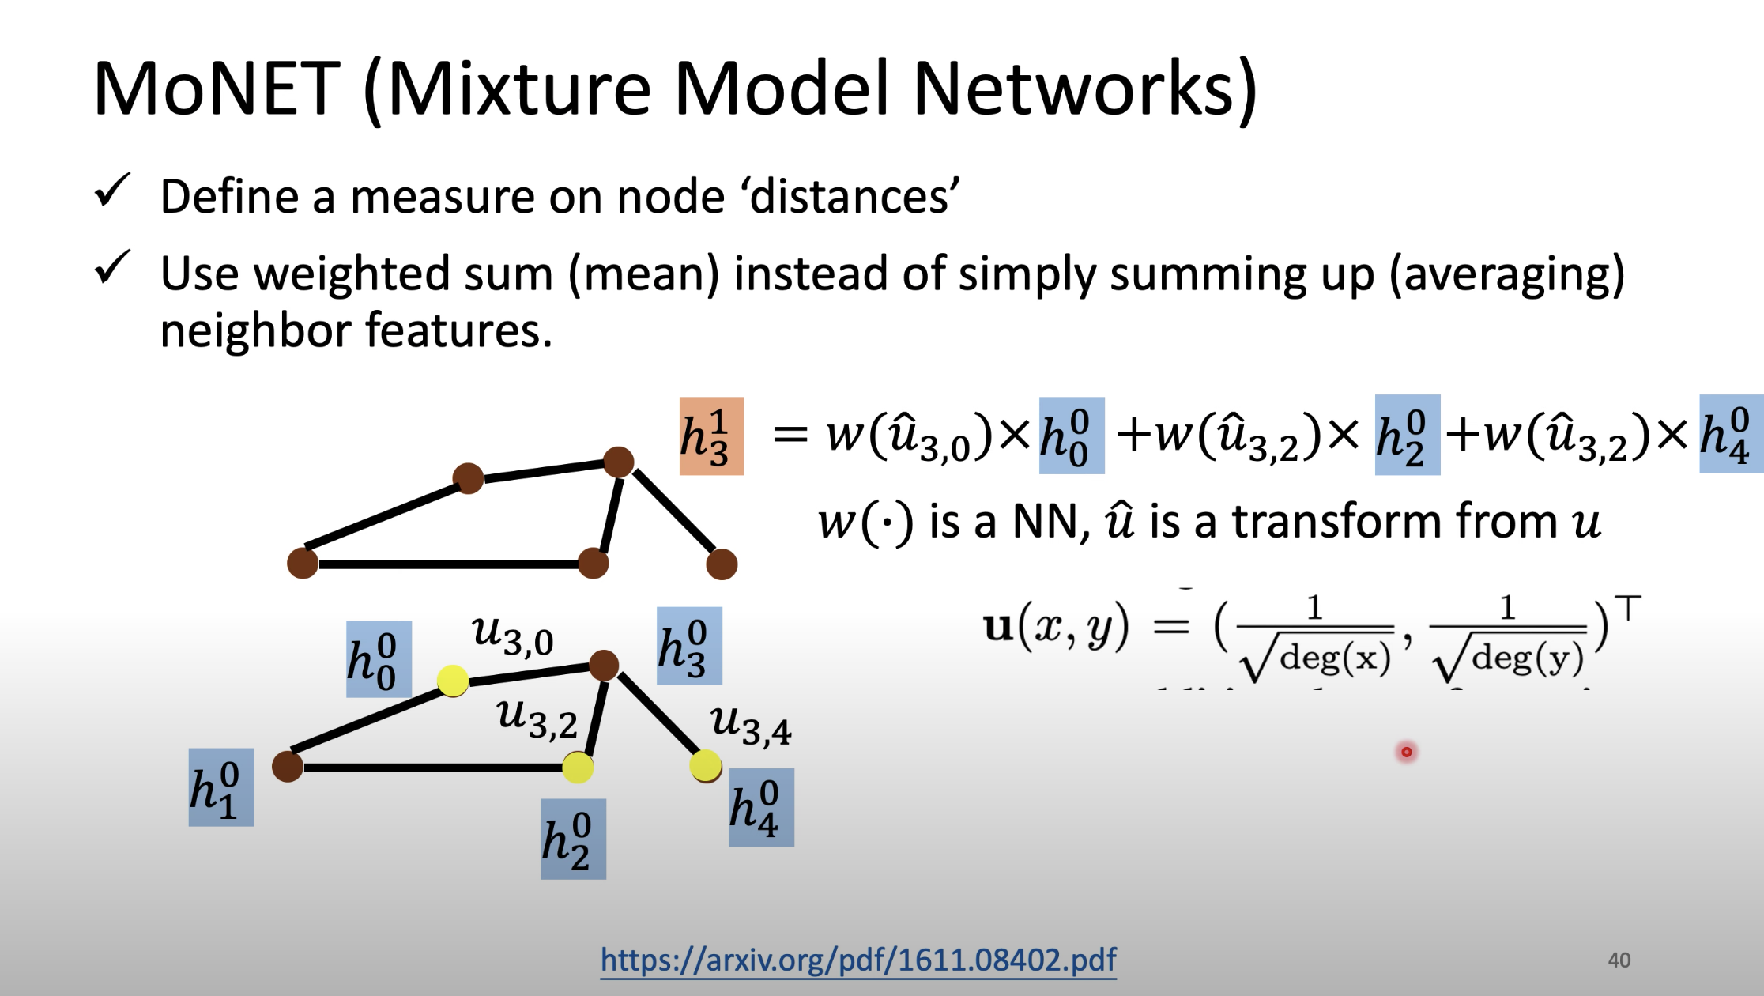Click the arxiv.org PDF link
tap(858, 960)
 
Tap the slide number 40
tap(1619, 960)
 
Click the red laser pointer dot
tap(1407, 752)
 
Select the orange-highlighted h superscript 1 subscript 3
tap(711, 436)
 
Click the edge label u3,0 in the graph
tap(512, 636)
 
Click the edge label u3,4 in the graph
tap(750, 725)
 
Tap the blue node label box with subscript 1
tap(221, 787)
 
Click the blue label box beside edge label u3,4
tap(761, 807)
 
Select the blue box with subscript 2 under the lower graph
tap(573, 839)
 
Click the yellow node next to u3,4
tap(705, 765)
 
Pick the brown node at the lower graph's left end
tap(288, 766)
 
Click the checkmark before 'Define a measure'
tap(112, 191)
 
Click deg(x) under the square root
tap(1335, 658)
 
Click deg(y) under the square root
tap(1527, 658)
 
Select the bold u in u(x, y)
tap(998, 627)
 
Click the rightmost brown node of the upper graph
tap(721, 564)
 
